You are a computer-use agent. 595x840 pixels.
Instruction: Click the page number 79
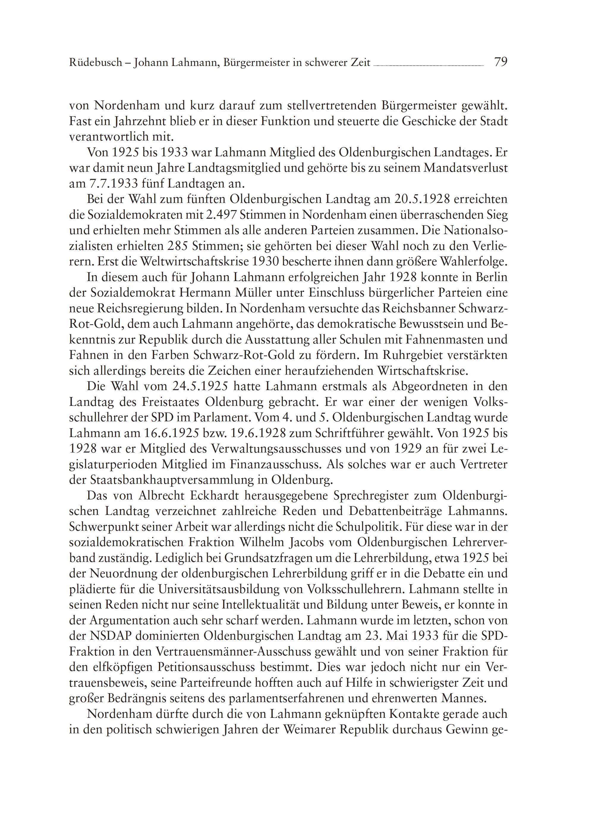pyautogui.click(x=500, y=62)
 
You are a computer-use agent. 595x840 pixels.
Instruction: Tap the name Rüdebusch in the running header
pyautogui.click(x=96, y=63)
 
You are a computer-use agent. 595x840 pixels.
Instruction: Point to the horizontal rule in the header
pyautogui.click(x=428, y=65)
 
